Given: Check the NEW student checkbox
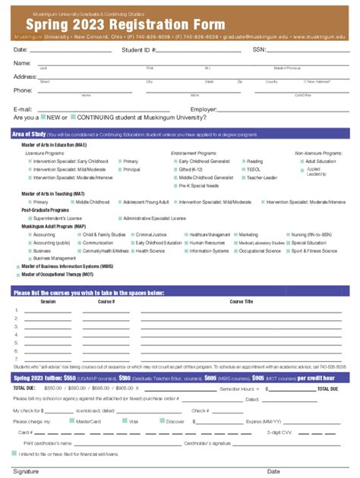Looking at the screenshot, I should pyautogui.click(x=44, y=118).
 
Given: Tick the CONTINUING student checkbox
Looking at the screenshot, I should pyautogui.click(x=73, y=118).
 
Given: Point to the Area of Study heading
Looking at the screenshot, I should pyautogui.click(x=31, y=134).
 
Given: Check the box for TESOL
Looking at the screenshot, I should pyautogui.click(x=242, y=169).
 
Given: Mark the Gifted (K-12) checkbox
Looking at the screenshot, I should pyautogui.click(x=174, y=169).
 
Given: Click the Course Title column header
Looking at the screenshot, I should pyautogui.click(x=242, y=301).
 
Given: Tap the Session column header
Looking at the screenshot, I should pyautogui.click(x=48, y=301).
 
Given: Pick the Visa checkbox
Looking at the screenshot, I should pyautogui.click(x=123, y=420).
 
